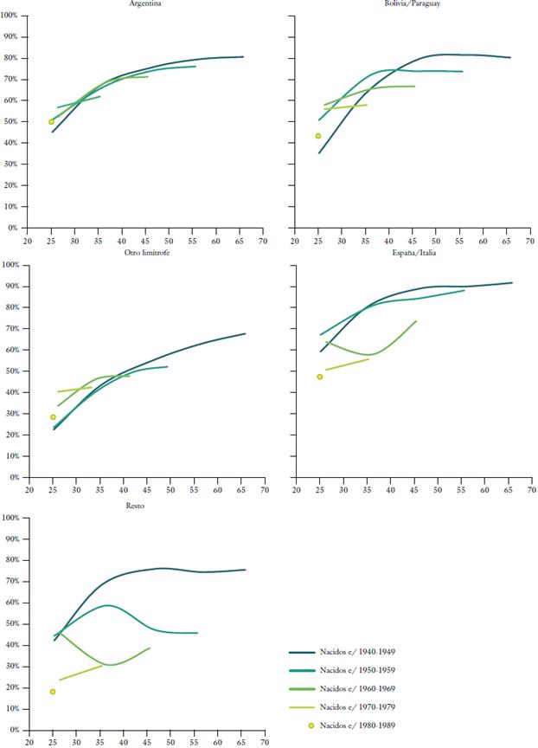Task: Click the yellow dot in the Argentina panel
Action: (51, 121)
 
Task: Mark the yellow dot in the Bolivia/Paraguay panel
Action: (318, 136)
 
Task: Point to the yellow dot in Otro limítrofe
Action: (53, 417)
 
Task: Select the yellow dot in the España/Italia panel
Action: (319, 377)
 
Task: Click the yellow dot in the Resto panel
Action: (53, 692)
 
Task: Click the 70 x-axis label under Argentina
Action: (263, 241)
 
